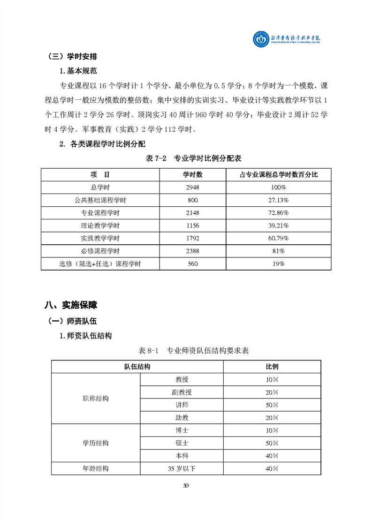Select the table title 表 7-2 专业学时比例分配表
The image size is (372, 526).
(x=194, y=158)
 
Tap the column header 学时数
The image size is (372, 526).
(x=192, y=174)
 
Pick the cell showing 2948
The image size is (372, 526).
(x=192, y=187)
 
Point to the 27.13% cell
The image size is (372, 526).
(x=278, y=200)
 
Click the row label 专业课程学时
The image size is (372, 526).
(x=100, y=213)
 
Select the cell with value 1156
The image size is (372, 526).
(x=192, y=225)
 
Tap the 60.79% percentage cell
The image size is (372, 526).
(x=278, y=238)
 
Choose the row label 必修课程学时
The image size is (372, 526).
(x=100, y=251)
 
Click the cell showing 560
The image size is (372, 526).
(x=192, y=264)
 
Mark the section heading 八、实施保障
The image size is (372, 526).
(x=71, y=305)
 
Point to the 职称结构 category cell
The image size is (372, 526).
(x=96, y=398)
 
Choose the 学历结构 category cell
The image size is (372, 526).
(x=96, y=443)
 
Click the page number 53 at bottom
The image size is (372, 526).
(x=186, y=486)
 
